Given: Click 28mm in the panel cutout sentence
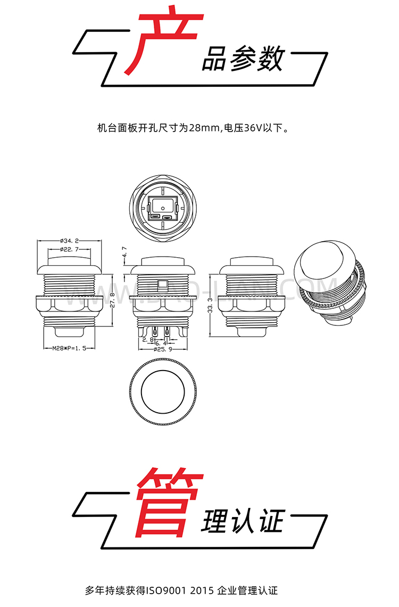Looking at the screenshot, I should point(204,128).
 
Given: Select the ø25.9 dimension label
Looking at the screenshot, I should point(162,350).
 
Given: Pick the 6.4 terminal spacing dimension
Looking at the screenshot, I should point(161,344).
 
